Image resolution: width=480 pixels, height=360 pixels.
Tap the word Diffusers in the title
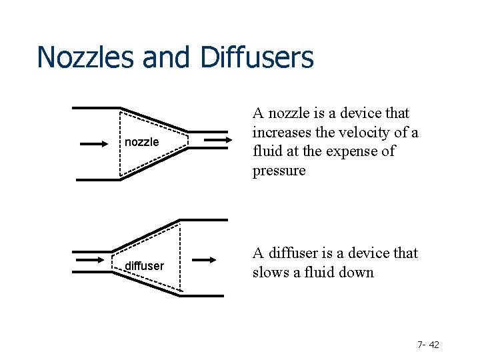(257, 57)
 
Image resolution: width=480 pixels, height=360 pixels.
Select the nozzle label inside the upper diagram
(142, 142)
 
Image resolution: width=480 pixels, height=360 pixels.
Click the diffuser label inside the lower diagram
(144, 266)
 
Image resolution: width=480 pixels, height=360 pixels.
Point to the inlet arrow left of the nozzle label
(94, 143)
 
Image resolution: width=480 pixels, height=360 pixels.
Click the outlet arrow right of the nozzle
(218, 141)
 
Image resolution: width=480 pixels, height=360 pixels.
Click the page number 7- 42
(428, 345)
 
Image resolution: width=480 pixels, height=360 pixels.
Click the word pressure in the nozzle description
(279, 171)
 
